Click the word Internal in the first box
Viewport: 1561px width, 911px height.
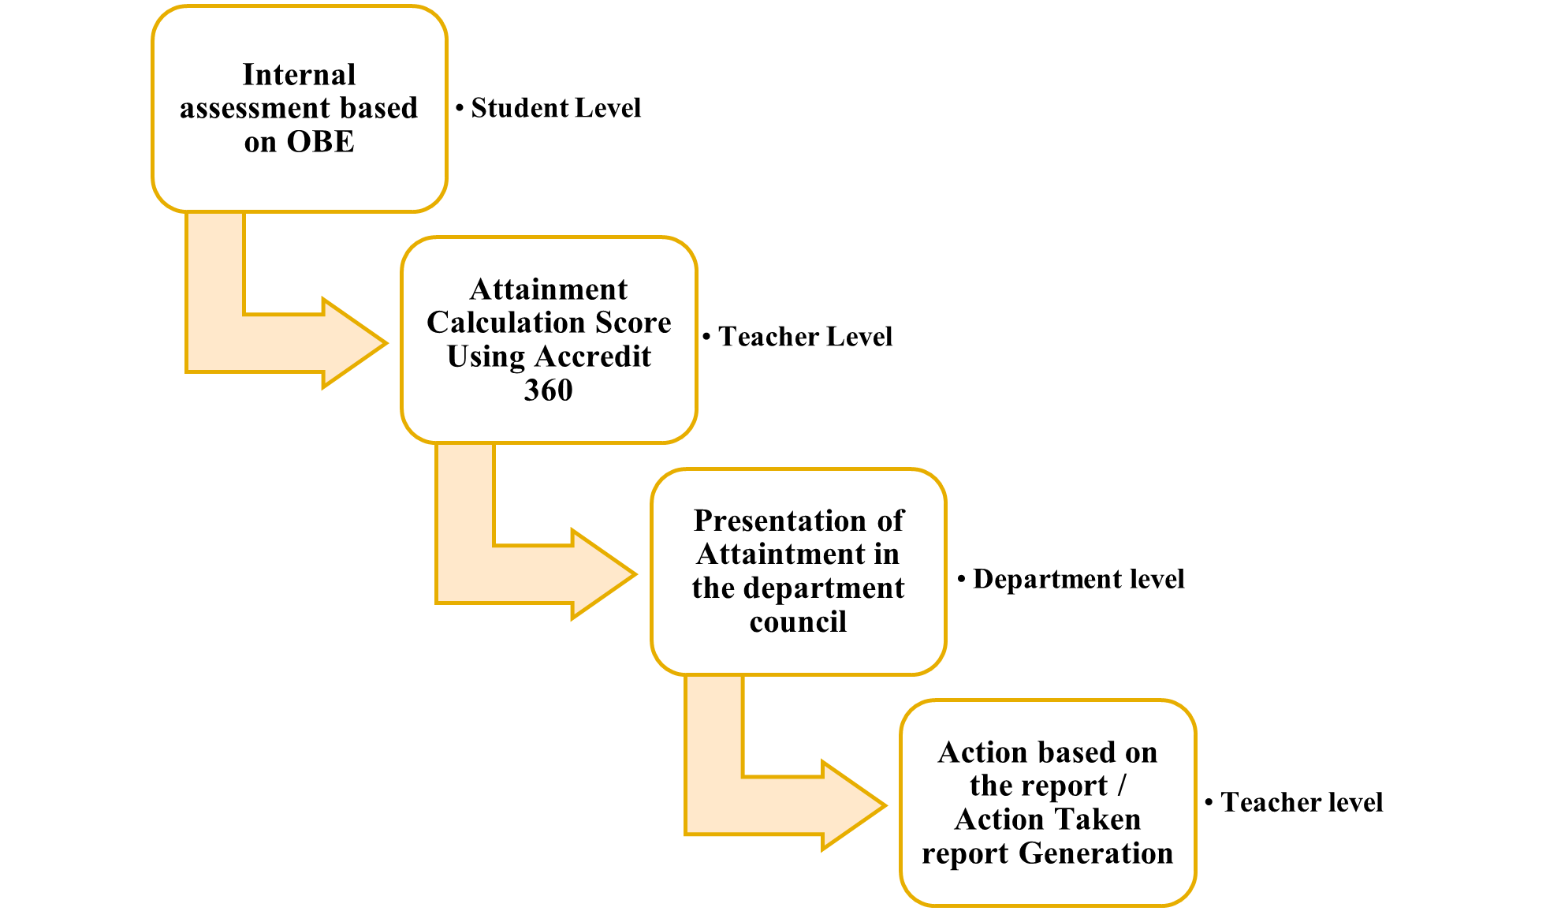tap(299, 75)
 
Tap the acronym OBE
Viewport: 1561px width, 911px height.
tap(321, 142)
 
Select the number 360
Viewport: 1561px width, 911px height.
tap(548, 390)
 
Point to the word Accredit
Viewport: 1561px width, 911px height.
tap(593, 357)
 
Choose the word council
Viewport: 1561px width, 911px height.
tap(798, 622)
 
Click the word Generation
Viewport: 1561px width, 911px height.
tap(1096, 853)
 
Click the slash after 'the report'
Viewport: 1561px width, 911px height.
tap(1121, 786)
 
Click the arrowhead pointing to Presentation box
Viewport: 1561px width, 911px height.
tap(603, 574)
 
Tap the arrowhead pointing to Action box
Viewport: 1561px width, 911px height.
tap(853, 805)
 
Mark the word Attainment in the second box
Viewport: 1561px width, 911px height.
tap(548, 289)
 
